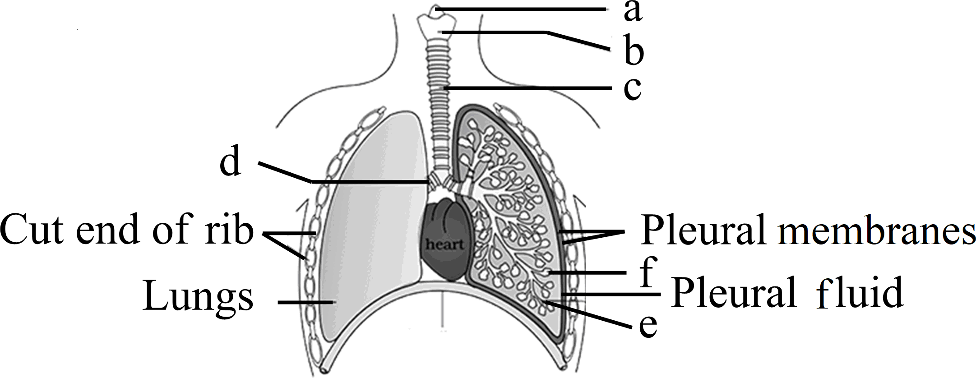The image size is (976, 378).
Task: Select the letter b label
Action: point(634,51)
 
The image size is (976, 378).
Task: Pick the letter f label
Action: point(648,272)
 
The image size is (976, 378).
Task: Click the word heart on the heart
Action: point(445,245)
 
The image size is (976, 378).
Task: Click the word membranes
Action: point(878,230)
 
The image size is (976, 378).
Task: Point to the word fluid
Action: point(860,293)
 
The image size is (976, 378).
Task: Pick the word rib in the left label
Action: point(229,229)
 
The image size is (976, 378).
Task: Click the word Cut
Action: point(34,229)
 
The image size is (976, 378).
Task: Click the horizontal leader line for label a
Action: point(519,9)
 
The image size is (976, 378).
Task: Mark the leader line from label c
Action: point(528,88)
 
